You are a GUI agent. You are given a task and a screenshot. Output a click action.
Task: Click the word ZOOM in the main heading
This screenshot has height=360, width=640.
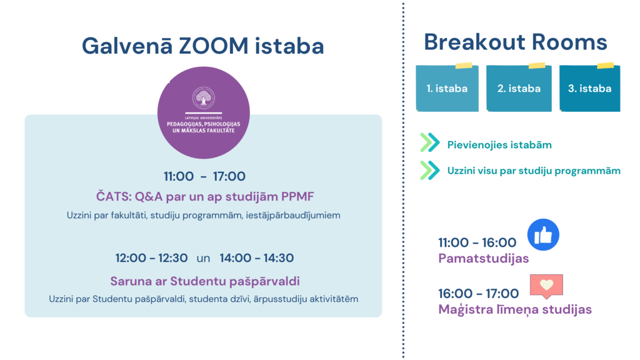[x=214, y=46]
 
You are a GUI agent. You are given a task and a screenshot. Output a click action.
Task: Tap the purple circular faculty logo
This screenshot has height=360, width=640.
[x=204, y=112]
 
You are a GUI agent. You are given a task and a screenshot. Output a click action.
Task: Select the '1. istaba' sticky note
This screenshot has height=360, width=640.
[x=447, y=87]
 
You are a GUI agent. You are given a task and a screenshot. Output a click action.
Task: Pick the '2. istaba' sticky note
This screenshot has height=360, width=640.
[x=519, y=87]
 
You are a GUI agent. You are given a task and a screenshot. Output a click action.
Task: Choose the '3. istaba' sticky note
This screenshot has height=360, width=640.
[x=590, y=87]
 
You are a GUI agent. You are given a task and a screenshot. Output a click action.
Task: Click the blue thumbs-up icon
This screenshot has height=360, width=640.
[x=543, y=235]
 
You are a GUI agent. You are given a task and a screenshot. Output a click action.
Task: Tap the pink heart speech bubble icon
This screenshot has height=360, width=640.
[x=546, y=286]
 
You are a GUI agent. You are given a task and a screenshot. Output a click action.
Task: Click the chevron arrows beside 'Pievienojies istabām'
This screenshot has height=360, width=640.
[x=430, y=143]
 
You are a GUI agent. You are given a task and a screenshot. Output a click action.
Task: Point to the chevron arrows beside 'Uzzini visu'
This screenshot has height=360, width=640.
[x=430, y=170]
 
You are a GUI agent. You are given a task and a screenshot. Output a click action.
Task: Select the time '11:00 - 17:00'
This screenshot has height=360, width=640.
[x=204, y=176]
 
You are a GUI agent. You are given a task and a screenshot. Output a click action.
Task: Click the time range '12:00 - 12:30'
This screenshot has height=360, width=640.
[x=151, y=258]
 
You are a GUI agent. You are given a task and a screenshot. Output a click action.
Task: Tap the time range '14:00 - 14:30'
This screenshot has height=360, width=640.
[x=257, y=258]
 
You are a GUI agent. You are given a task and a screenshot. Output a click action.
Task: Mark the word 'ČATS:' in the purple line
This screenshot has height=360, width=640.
[x=114, y=196]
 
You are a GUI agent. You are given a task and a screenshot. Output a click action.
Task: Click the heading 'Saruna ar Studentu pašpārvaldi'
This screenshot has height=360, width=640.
[x=205, y=281]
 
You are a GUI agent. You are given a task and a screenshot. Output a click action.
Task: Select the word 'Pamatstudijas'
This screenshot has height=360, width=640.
[x=484, y=258]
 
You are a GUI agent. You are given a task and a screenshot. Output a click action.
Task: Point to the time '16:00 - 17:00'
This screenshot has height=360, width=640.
[x=478, y=294]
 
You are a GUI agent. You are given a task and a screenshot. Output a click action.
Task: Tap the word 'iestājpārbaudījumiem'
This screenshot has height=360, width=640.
[x=293, y=216]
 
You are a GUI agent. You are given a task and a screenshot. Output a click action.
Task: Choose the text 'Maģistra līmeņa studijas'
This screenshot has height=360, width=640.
[x=515, y=310]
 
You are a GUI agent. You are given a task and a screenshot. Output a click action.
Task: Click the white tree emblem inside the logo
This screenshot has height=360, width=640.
[x=204, y=98]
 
